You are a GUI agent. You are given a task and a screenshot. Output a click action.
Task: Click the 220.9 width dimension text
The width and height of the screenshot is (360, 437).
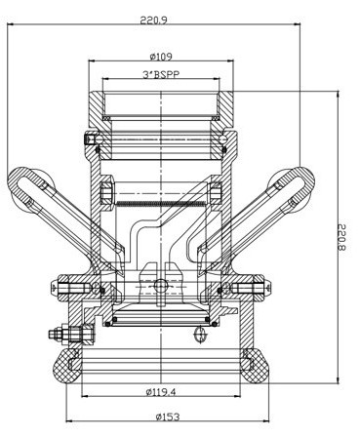(153, 20)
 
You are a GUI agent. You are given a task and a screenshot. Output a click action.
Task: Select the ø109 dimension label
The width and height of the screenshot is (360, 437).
(161, 57)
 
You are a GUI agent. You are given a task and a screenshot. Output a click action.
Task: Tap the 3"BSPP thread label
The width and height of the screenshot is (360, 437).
(161, 75)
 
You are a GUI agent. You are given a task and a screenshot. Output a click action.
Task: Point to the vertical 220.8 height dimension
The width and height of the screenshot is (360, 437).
(342, 237)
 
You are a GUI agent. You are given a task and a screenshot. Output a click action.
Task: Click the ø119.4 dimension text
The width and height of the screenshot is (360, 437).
(161, 392)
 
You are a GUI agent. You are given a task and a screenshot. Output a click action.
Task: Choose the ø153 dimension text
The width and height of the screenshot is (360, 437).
(168, 417)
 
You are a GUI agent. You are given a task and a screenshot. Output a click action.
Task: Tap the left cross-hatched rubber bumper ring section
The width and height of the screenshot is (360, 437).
(65, 366)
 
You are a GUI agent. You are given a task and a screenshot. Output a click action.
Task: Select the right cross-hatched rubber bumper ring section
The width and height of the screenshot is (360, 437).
(257, 366)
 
